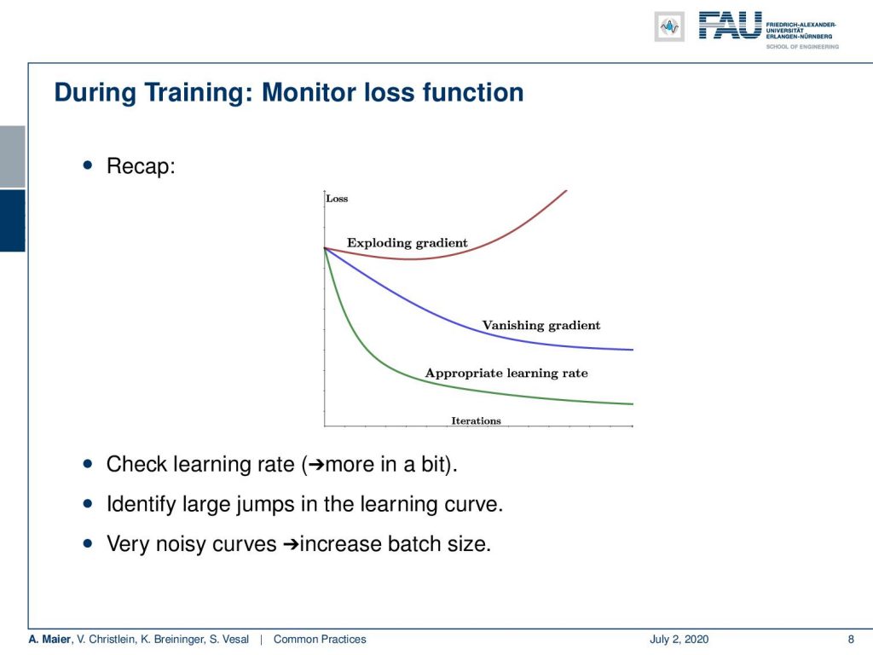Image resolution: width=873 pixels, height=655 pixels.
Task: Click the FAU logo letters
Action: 730,26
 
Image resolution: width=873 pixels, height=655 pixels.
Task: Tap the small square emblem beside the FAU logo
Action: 669,26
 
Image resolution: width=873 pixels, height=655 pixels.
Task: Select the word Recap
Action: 141,166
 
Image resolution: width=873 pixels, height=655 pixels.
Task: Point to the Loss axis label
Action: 337,198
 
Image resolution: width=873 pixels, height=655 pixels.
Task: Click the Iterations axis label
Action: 476,420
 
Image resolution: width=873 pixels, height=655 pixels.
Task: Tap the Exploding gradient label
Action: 407,243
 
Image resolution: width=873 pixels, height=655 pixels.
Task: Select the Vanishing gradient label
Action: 541,325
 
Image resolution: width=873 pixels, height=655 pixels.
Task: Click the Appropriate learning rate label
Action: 506,374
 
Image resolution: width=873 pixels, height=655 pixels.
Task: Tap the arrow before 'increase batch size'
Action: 291,544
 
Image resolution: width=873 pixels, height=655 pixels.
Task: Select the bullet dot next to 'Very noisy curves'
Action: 88,543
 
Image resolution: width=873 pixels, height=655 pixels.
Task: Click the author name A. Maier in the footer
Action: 49,640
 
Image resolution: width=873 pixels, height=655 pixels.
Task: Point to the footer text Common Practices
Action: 320,640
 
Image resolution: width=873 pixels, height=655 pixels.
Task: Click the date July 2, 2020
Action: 679,640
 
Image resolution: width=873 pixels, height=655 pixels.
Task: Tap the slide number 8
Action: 851,640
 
